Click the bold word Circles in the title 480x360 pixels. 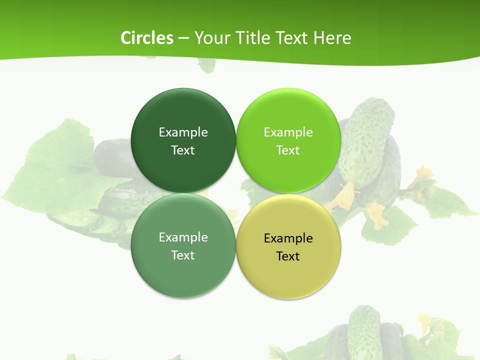pos(146,38)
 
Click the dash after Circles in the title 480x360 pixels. pos(183,38)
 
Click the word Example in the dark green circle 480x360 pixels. pos(183,132)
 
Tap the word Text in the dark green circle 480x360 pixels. pos(183,150)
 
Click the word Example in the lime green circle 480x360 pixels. pos(288,132)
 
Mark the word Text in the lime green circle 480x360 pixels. pos(288,150)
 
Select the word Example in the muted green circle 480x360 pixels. pos(183,237)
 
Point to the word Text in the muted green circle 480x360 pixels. pos(183,255)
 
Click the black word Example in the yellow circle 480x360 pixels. pos(288,238)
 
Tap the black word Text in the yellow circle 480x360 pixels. pos(288,256)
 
